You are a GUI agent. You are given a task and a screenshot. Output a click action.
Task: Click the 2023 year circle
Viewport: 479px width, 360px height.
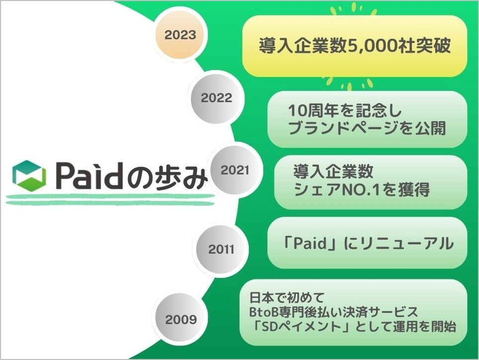point(181,35)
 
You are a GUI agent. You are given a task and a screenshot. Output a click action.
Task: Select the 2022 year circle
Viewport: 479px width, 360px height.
point(217,98)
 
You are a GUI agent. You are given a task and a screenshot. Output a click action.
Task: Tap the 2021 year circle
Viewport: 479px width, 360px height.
point(235,170)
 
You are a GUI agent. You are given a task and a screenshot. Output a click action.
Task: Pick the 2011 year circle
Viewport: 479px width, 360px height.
point(221,249)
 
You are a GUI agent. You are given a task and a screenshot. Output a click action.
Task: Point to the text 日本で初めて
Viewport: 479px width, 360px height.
point(287,298)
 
